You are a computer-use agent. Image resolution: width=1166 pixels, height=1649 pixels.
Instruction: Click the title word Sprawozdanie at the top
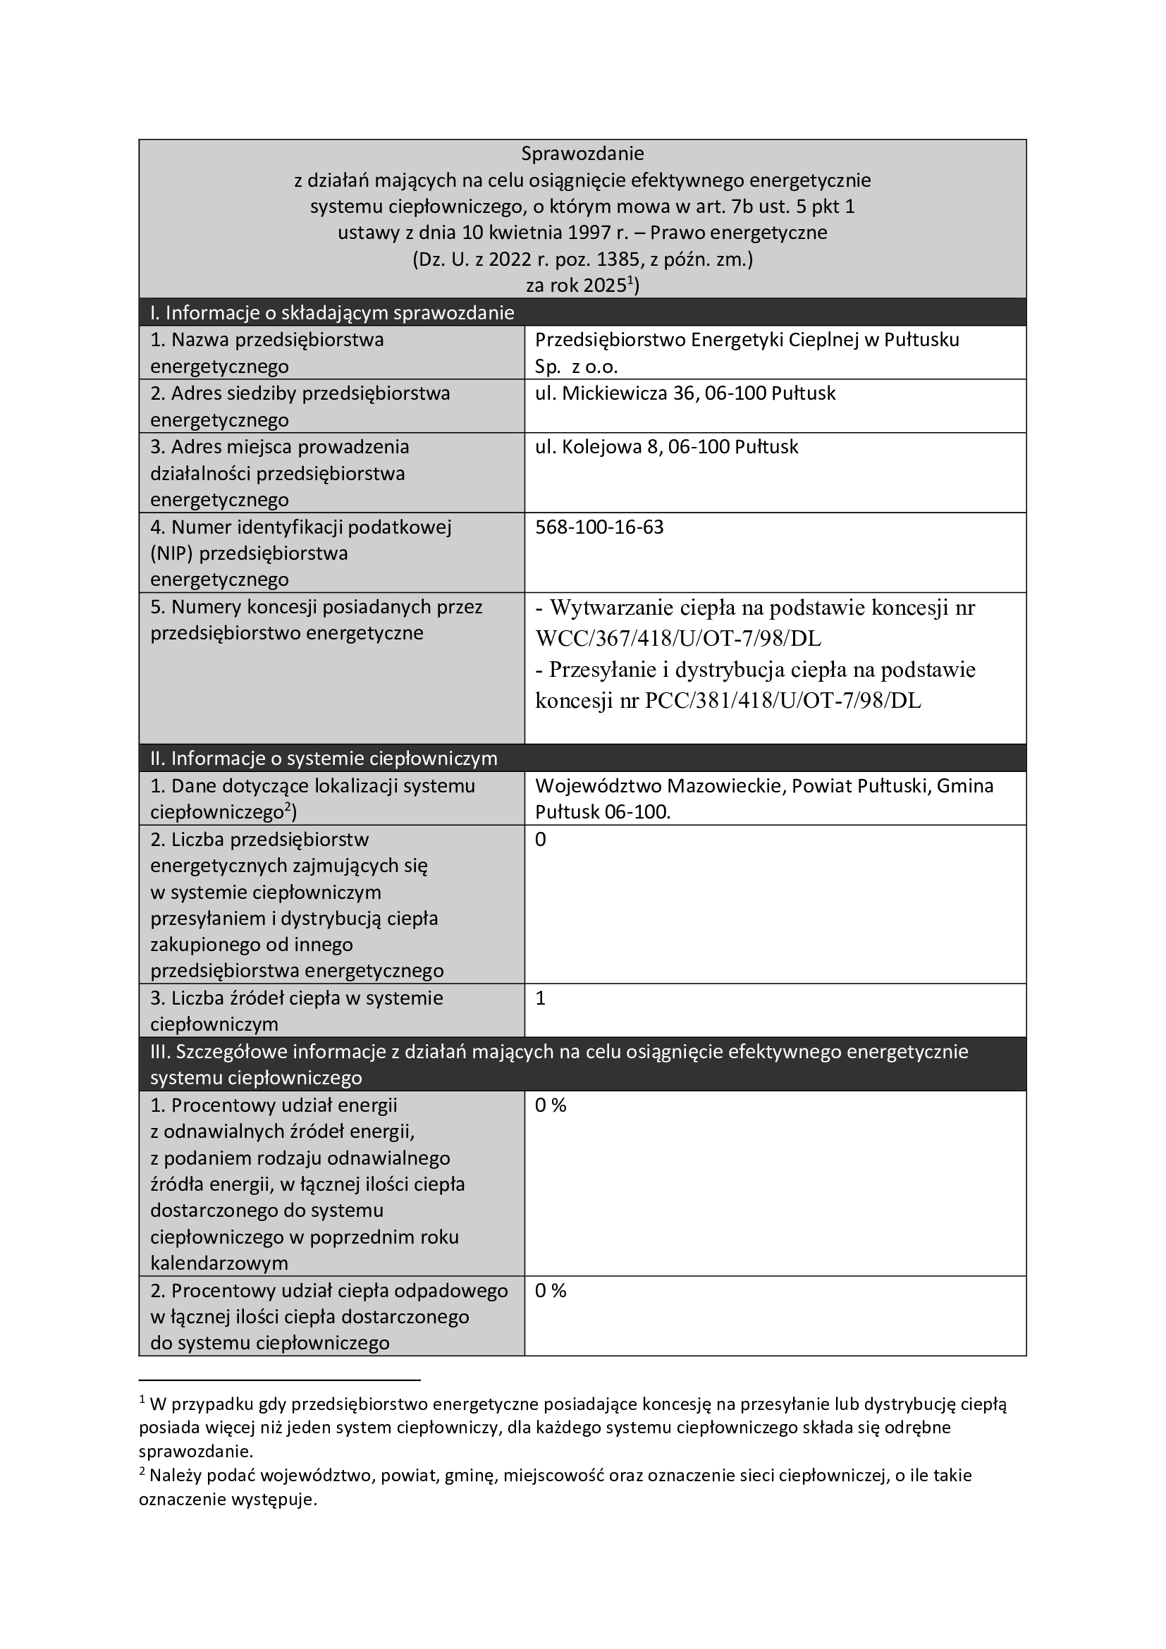click(582, 154)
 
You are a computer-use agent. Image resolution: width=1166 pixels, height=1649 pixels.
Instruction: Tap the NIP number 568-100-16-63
click(599, 527)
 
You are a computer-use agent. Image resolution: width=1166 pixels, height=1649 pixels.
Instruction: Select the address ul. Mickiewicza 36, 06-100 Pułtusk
click(685, 393)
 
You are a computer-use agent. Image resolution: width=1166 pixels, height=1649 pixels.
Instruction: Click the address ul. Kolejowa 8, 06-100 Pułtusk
click(666, 447)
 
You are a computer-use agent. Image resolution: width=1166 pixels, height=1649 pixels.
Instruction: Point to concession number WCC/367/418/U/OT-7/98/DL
click(677, 639)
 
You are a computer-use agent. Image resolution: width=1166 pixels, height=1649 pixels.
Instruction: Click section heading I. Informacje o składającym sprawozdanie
click(332, 313)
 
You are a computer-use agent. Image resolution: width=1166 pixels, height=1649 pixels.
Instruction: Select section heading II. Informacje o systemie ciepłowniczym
click(323, 759)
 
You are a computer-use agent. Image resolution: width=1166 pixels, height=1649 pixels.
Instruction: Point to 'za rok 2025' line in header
click(582, 286)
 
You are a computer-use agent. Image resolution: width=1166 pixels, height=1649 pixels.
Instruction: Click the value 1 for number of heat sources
click(541, 998)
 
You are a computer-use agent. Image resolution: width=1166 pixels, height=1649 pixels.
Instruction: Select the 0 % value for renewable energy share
click(551, 1105)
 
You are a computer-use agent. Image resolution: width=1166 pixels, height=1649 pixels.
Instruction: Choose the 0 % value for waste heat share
click(551, 1291)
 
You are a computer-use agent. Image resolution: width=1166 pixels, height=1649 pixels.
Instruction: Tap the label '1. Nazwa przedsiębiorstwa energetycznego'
click(267, 353)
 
